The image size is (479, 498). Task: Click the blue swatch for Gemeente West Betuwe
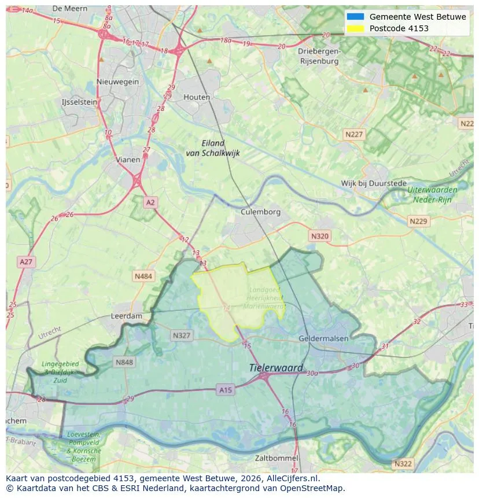[355, 17]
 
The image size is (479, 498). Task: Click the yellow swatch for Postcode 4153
[355, 28]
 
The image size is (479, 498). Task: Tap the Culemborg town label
[260, 212]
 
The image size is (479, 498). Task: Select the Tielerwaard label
[276, 368]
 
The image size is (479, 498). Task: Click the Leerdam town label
[126, 316]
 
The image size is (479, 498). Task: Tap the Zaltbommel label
[277, 458]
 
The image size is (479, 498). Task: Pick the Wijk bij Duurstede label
[374, 183]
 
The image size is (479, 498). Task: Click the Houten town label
[197, 97]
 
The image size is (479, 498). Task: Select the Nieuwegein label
[118, 82]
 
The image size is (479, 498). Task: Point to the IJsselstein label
[79, 102]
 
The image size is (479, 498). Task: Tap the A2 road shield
[150, 202]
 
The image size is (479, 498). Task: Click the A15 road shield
[226, 390]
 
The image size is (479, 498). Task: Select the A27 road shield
[26, 262]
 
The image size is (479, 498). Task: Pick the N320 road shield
[319, 236]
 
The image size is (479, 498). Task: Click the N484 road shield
[143, 276]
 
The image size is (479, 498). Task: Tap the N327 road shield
[181, 335]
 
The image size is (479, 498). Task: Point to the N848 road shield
[124, 363]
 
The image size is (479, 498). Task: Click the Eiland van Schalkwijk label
[213, 148]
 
